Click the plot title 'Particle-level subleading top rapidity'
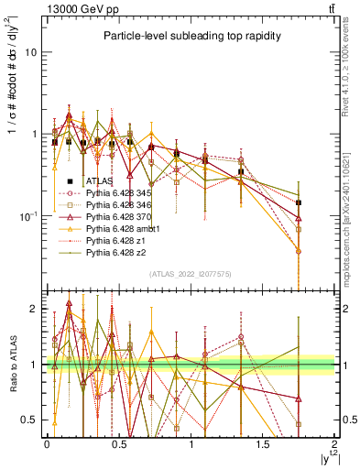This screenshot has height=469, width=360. [x=189, y=36]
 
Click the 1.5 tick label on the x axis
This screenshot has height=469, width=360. [x=263, y=443]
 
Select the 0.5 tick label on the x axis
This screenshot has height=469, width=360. [x=118, y=443]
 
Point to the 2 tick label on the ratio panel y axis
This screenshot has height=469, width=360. [x=35, y=309]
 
